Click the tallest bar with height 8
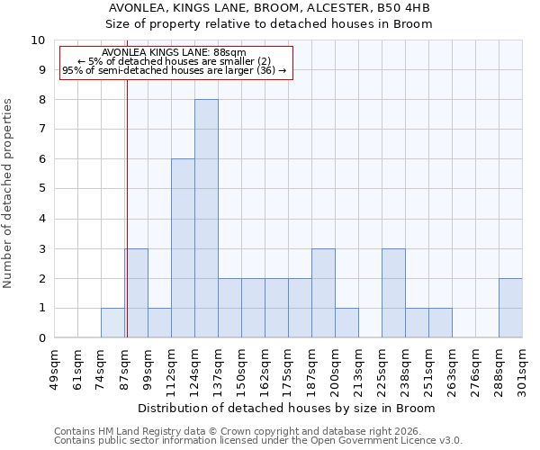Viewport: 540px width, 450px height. [206, 219]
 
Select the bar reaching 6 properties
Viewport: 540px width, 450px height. [183, 248]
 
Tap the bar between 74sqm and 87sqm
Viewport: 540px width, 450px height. [112, 323]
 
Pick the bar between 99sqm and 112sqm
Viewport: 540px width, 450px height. [159, 323]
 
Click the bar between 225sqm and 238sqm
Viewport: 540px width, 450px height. [393, 293]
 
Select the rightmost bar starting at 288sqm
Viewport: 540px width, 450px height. [510, 308]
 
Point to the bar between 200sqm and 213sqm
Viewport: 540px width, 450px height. [346, 323]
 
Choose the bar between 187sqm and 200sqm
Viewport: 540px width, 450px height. [323, 293]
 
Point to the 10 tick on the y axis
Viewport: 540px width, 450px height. [38, 40]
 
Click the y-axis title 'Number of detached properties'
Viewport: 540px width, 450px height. [9, 193]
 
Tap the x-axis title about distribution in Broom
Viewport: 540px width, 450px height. [288, 408]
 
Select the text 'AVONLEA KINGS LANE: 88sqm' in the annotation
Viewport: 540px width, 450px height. [174, 53]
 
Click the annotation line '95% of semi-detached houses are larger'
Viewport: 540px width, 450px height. [174, 70]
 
